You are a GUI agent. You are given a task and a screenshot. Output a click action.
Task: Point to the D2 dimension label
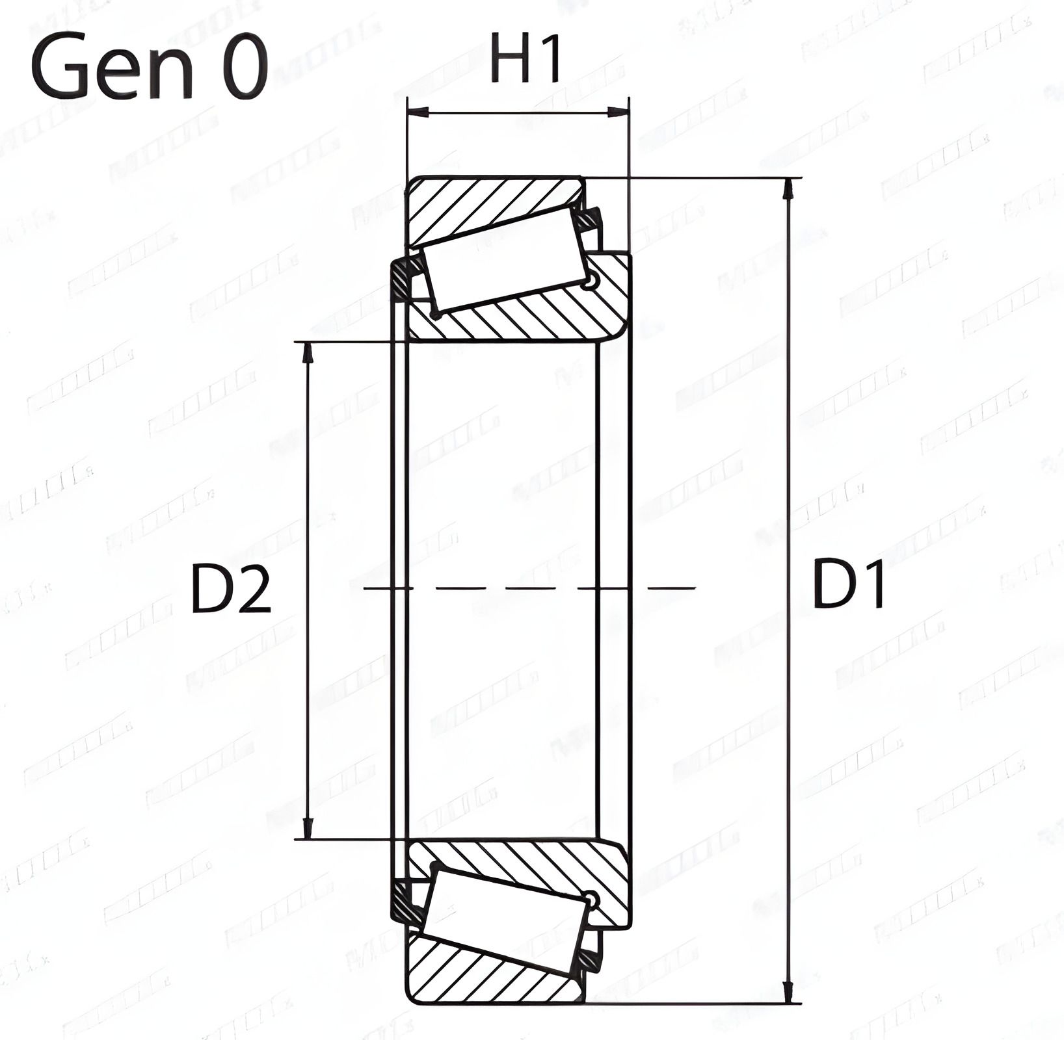coord(231,590)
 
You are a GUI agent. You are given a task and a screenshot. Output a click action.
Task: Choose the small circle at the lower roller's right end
coord(591,900)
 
